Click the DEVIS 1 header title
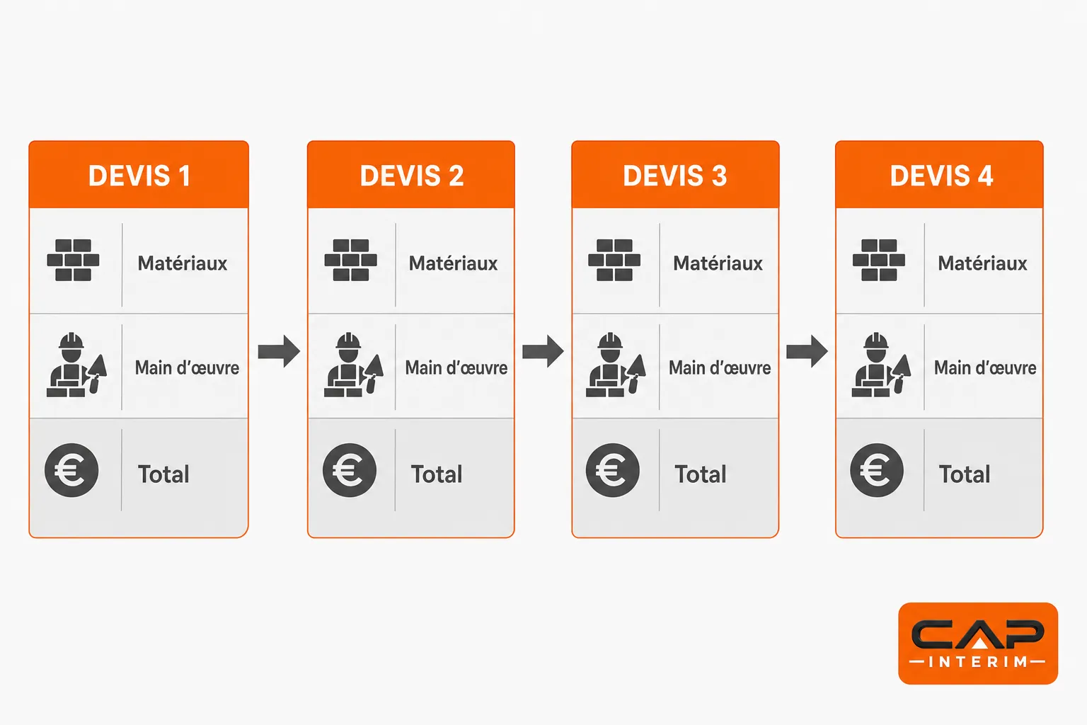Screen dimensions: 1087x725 pyautogui.click(x=139, y=176)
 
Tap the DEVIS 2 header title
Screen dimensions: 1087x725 pyautogui.click(x=411, y=176)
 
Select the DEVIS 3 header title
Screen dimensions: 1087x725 pyautogui.click(x=675, y=176)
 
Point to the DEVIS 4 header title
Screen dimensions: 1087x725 pyautogui.click(x=941, y=176)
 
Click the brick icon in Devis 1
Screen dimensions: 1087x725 pyautogui.click(x=74, y=261)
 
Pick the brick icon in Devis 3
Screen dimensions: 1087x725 pyautogui.click(x=614, y=261)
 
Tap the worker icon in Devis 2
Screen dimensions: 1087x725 pyautogui.click(x=354, y=365)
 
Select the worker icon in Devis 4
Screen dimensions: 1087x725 pyautogui.click(x=881, y=365)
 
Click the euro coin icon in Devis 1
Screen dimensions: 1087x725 pyautogui.click(x=71, y=470)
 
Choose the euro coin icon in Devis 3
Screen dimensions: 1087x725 pyautogui.click(x=612, y=470)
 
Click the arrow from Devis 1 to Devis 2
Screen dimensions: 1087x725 pyautogui.click(x=279, y=351)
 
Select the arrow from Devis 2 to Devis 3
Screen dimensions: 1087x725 pyautogui.click(x=543, y=351)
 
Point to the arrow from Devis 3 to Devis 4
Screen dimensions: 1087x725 pyautogui.click(x=807, y=351)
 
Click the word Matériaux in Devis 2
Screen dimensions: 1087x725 pyautogui.click(x=453, y=263)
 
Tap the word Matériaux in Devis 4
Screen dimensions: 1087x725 pyautogui.click(x=983, y=263)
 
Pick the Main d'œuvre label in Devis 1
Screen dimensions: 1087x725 pyautogui.click(x=188, y=367)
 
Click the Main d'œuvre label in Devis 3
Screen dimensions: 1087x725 pyautogui.click(x=720, y=367)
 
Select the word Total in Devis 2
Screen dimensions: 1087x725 pyautogui.click(x=437, y=474)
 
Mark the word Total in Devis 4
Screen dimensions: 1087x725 pyautogui.click(x=965, y=474)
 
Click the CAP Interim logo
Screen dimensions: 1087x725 pyautogui.click(x=978, y=644)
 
